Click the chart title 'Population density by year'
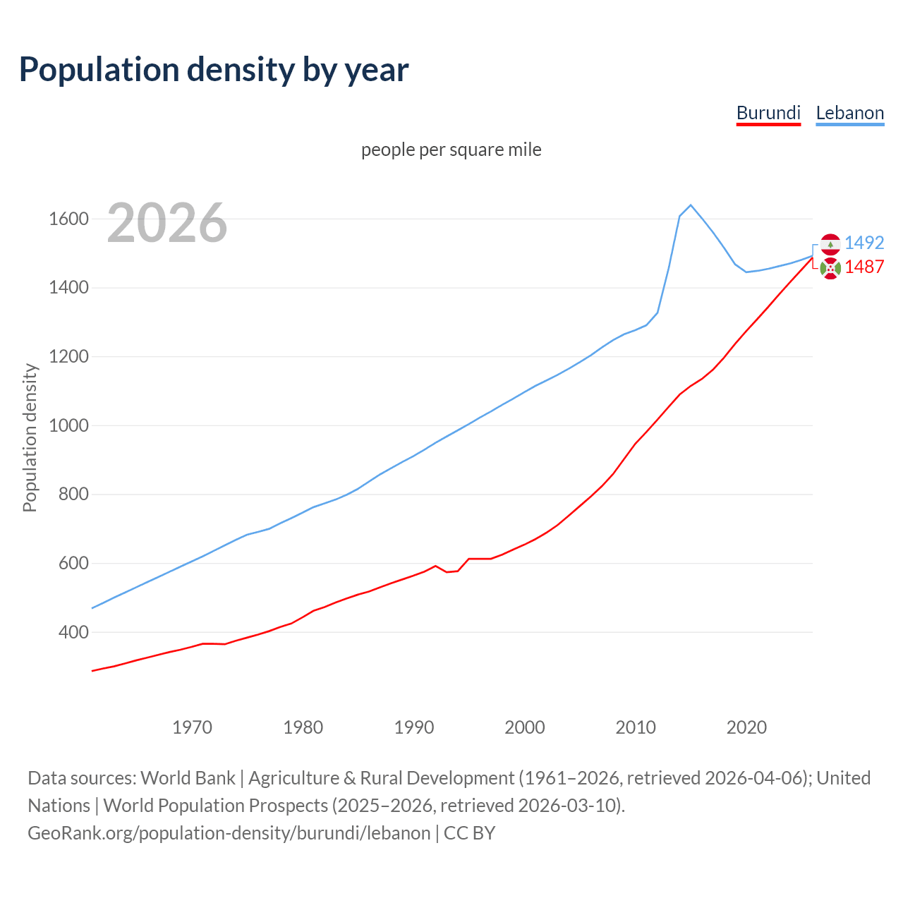(x=214, y=70)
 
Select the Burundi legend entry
(x=768, y=113)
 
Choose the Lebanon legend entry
(x=849, y=113)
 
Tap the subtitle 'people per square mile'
(x=451, y=150)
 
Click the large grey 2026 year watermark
(x=167, y=223)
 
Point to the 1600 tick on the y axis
(x=68, y=219)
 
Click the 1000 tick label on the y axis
(x=68, y=425)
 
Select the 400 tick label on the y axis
(x=73, y=632)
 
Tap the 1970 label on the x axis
(x=193, y=727)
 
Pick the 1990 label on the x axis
(x=414, y=727)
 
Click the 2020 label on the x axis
(x=746, y=727)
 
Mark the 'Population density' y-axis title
(x=30, y=437)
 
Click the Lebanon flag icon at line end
(x=830, y=243)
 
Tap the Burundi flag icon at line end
(x=830, y=268)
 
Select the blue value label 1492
(x=864, y=243)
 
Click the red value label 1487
(x=864, y=267)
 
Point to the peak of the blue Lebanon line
(x=691, y=205)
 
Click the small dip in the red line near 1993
(x=447, y=571)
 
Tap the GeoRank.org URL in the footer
(x=229, y=833)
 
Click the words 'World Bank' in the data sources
(x=188, y=778)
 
